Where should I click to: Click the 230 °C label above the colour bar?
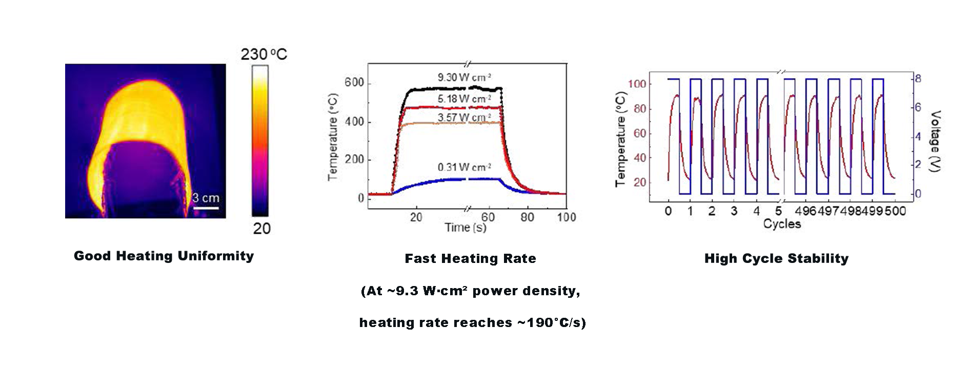pos(264,54)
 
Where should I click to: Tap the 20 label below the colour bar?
pos(261,229)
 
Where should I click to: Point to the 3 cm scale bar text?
pos(206,198)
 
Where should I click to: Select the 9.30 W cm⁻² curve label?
pos(464,77)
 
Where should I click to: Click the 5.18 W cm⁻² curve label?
pos(464,98)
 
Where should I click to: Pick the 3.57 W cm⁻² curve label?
pos(464,118)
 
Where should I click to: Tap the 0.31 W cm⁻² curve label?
pos(464,168)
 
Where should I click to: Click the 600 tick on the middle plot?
pos(354,83)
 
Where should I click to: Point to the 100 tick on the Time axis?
pos(567,217)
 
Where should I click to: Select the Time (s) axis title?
pos(466,228)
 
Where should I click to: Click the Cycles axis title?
pos(782,224)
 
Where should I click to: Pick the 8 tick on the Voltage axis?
pos(918,79)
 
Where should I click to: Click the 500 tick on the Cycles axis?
pos(896,211)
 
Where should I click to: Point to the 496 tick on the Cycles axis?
pos(805,211)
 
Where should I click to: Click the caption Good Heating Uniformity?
pos(164,256)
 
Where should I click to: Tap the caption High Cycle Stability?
pos(777,259)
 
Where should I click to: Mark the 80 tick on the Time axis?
pos(527,217)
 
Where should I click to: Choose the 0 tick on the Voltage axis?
pos(918,194)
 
